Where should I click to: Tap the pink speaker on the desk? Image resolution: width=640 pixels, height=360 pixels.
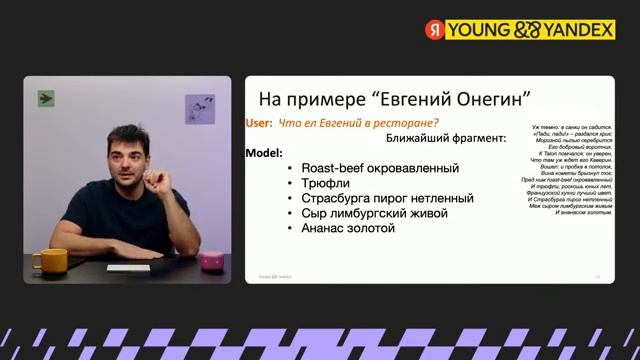(x=213, y=260)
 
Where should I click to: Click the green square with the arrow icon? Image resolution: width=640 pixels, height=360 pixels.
(x=46, y=98)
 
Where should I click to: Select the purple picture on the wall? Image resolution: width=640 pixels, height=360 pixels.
(x=200, y=109)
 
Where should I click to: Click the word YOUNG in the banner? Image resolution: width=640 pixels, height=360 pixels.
(x=478, y=30)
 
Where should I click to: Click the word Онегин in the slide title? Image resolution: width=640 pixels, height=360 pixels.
(x=476, y=99)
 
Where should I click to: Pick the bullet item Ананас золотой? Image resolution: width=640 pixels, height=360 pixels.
(x=348, y=228)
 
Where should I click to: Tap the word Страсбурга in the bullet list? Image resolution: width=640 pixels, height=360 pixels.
(x=337, y=198)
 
